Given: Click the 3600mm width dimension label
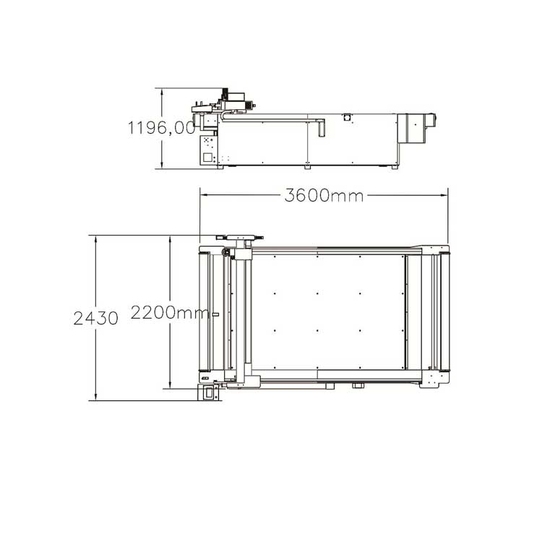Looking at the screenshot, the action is tap(324, 196).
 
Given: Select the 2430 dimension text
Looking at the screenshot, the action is tap(95, 318).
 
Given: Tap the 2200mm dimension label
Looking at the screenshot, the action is tap(170, 313).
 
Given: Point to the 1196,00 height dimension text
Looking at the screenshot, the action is tap(161, 127).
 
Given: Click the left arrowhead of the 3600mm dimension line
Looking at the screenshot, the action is tap(203, 195).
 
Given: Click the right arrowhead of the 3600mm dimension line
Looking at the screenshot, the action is tap(444, 195).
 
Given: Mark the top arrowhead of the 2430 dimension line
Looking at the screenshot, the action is tap(95, 239).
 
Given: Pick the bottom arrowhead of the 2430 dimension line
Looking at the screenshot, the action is tap(95, 397).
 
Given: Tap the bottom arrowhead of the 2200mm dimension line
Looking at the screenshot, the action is tap(170, 384).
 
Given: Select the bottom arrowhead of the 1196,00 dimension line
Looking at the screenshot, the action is tap(162, 165).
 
